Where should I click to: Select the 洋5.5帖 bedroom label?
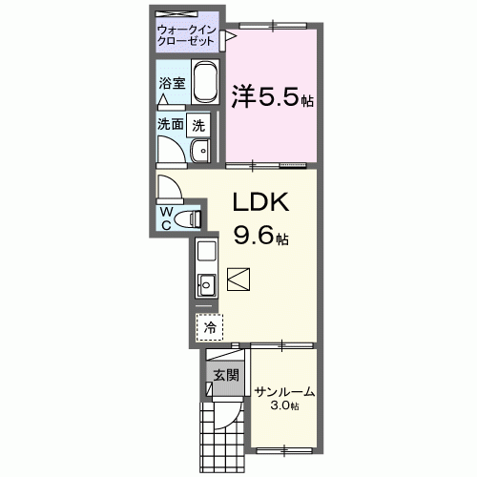273,96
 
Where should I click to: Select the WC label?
166,218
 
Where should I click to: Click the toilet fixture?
194,218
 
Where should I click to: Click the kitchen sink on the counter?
207,283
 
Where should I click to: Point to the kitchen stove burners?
207,254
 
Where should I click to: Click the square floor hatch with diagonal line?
238,280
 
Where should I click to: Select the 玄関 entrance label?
226,374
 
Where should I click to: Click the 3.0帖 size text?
283,406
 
